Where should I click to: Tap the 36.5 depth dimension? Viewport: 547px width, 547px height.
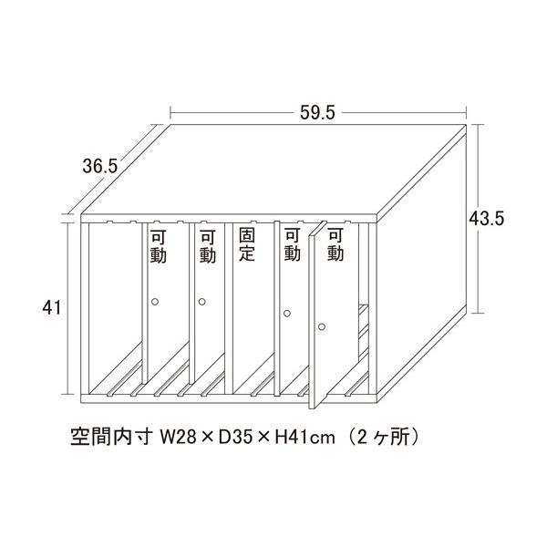99,166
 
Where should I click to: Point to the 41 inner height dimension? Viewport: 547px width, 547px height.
51,308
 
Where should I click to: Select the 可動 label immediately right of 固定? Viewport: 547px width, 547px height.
292,245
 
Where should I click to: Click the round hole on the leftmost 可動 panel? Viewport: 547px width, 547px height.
155,301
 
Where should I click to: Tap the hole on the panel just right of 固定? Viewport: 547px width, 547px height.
286,314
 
